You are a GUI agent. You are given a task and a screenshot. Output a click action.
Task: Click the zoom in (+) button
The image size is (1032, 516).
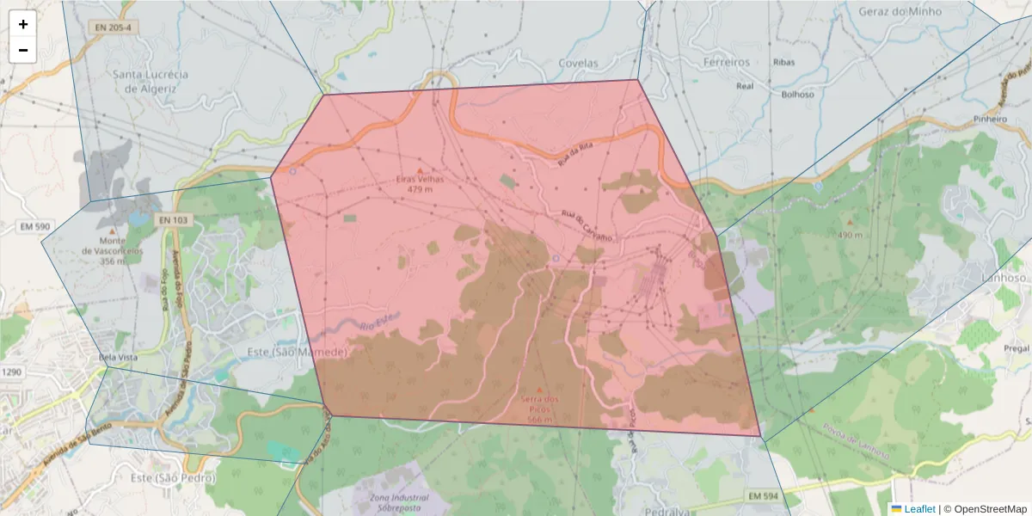(x=23, y=24)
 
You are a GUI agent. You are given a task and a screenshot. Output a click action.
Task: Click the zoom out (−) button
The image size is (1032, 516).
(x=23, y=50)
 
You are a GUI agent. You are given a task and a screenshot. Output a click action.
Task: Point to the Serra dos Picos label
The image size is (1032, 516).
(x=540, y=404)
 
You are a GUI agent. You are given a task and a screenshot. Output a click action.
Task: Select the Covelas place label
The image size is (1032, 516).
(x=578, y=63)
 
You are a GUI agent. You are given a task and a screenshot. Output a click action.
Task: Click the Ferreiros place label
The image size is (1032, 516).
(x=727, y=63)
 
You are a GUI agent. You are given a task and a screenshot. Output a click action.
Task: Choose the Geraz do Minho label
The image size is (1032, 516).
(x=900, y=12)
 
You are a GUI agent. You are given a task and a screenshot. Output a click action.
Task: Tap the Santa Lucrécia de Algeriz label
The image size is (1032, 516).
(x=150, y=81)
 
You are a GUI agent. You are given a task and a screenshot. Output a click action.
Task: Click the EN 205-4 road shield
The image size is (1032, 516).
(x=114, y=28)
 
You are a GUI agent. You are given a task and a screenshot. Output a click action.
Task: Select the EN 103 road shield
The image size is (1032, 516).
(x=172, y=220)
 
